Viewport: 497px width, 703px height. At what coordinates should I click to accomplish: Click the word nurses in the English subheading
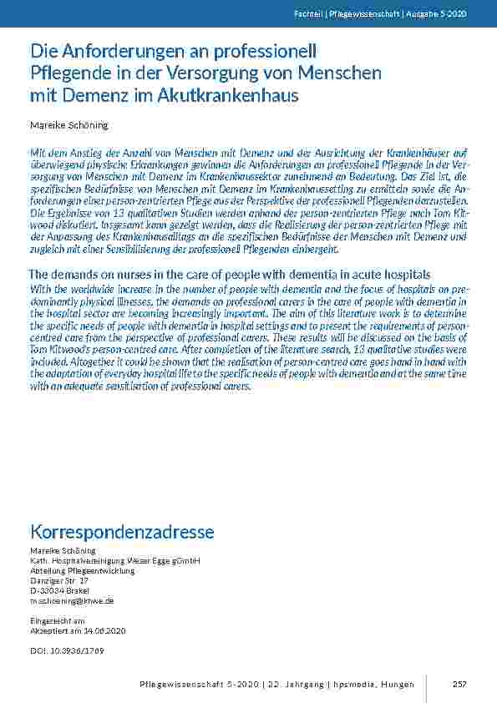click(x=127, y=275)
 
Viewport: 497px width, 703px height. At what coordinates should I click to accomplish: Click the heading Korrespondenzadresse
click(x=122, y=532)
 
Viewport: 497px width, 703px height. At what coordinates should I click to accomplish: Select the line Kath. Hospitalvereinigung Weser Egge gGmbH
click(x=114, y=560)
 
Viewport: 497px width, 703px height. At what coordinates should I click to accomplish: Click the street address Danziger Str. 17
click(x=59, y=579)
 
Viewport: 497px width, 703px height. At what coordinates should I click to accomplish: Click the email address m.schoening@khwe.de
click(x=72, y=600)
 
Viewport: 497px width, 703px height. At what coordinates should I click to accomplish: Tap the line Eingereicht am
click(x=58, y=621)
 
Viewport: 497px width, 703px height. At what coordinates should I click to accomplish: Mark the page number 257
click(x=459, y=685)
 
